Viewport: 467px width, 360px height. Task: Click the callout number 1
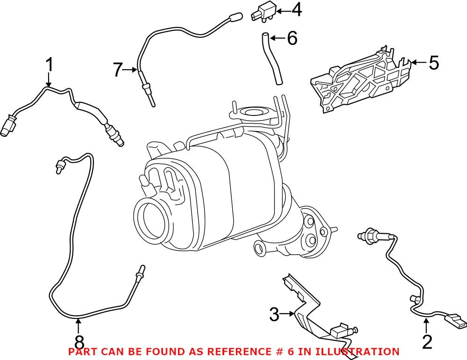point(50,65)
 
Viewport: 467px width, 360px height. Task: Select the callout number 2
point(427,342)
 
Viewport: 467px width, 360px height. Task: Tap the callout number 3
point(274,314)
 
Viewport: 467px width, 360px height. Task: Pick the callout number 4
point(296,10)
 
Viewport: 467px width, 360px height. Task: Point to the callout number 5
point(434,62)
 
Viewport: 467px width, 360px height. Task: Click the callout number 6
point(292,38)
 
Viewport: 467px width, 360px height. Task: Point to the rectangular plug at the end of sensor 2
point(456,322)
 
